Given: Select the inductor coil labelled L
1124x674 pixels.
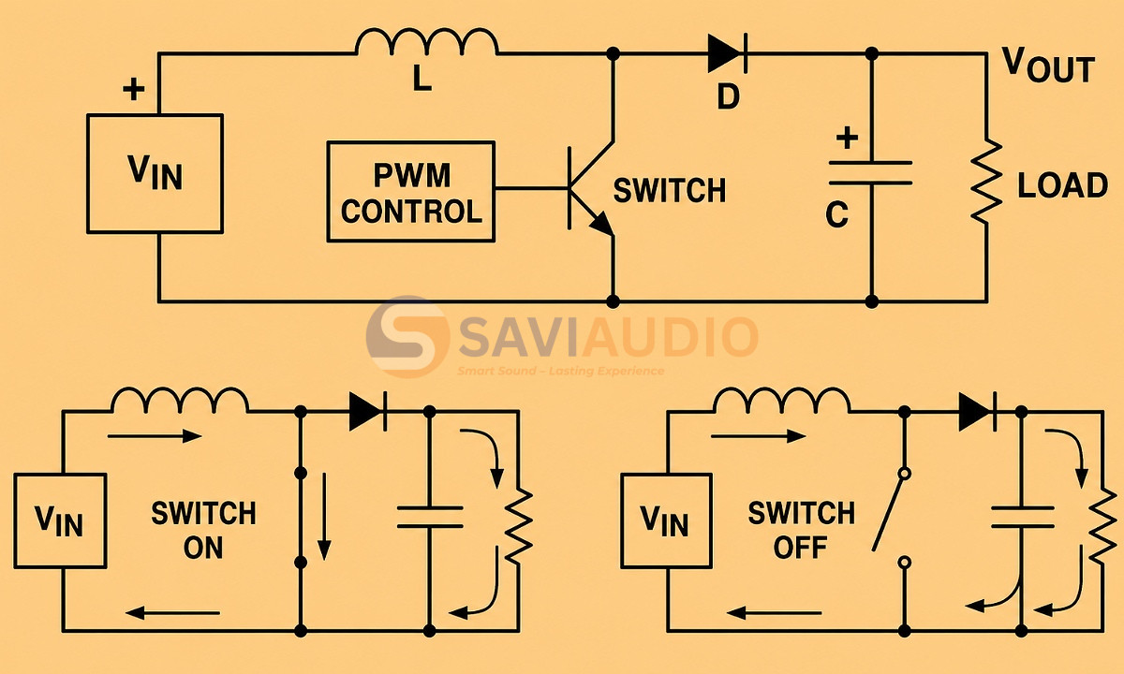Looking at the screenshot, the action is pos(427,42).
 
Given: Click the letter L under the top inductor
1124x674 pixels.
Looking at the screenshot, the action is pos(422,79).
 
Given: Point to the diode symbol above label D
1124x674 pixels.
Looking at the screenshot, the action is pos(728,53).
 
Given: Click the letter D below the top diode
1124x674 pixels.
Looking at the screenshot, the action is pos(728,96).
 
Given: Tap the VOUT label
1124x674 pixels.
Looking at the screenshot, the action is pos(1048,65).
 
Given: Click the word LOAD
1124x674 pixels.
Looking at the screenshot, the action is pos(1062,185).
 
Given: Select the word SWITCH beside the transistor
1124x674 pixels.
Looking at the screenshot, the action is pos(670,191).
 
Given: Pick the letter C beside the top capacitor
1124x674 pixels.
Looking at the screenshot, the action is pos(836,214).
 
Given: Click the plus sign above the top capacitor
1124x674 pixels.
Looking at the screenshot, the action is pos(847,138).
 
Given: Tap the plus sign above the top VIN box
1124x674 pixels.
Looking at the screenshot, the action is pos(133,89).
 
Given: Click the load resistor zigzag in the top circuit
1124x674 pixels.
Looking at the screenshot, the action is pos(986,182).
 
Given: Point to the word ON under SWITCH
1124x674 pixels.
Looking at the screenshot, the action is pos(202,548).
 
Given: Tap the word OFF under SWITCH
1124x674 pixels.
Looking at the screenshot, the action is pos(800,548).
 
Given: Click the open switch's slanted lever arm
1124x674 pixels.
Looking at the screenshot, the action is pos(889,513).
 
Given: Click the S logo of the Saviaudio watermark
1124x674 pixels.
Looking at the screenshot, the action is pos(407,336).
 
